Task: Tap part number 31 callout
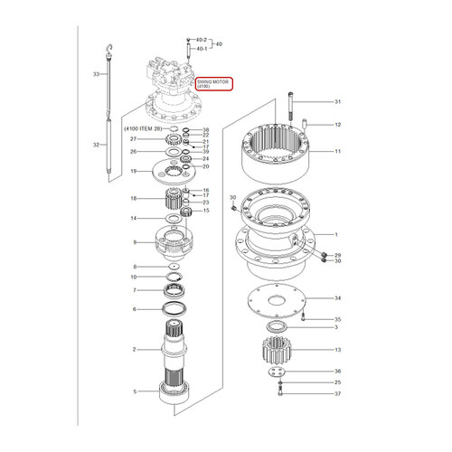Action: coord(337,101)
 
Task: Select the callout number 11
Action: coord(337,151)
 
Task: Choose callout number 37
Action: coord(337,394)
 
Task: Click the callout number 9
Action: coord(135,242)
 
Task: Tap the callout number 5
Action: coord(135,391)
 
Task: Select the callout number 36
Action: coord(337,372)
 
